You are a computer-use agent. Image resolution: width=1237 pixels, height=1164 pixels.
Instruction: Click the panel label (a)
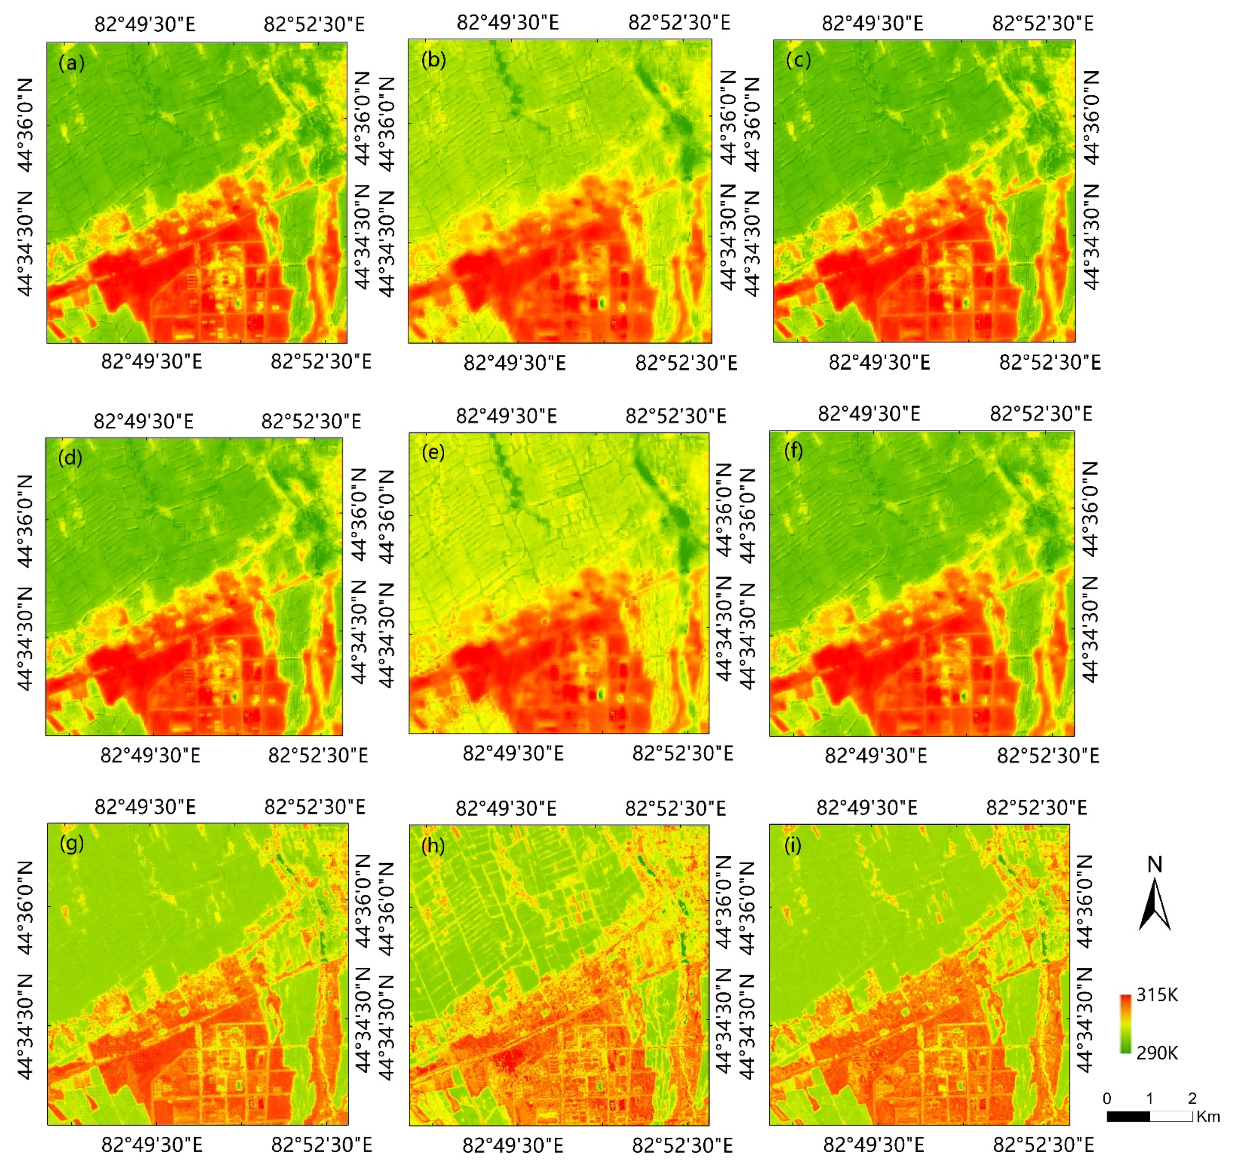[x=71, y=63]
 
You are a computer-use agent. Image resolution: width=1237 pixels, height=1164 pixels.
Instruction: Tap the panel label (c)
[x=798, y=60]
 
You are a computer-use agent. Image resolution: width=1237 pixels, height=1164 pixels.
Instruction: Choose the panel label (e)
[x=433, y=452]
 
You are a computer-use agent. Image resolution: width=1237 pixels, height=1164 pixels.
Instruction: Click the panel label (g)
[x=72, y=844]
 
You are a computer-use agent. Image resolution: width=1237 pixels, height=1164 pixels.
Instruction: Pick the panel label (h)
[x=433, y=845]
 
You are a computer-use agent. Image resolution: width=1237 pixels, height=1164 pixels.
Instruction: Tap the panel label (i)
[x=793, y=845]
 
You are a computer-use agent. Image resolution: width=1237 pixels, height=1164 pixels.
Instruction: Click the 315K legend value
[x=1157, y=995]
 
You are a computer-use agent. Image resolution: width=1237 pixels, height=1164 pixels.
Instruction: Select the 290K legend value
[x=1157, y=1053]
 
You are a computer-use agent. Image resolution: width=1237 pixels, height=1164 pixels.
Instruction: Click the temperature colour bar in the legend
[x=1125, y=1024]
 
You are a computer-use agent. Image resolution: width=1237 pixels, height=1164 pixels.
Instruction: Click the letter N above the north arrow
[x=1154, y=864]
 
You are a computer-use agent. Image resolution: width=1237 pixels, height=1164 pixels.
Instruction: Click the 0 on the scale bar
[x=1107, y=1098]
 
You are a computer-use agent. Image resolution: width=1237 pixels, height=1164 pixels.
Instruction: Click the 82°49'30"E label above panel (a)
[x=145, y=24]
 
